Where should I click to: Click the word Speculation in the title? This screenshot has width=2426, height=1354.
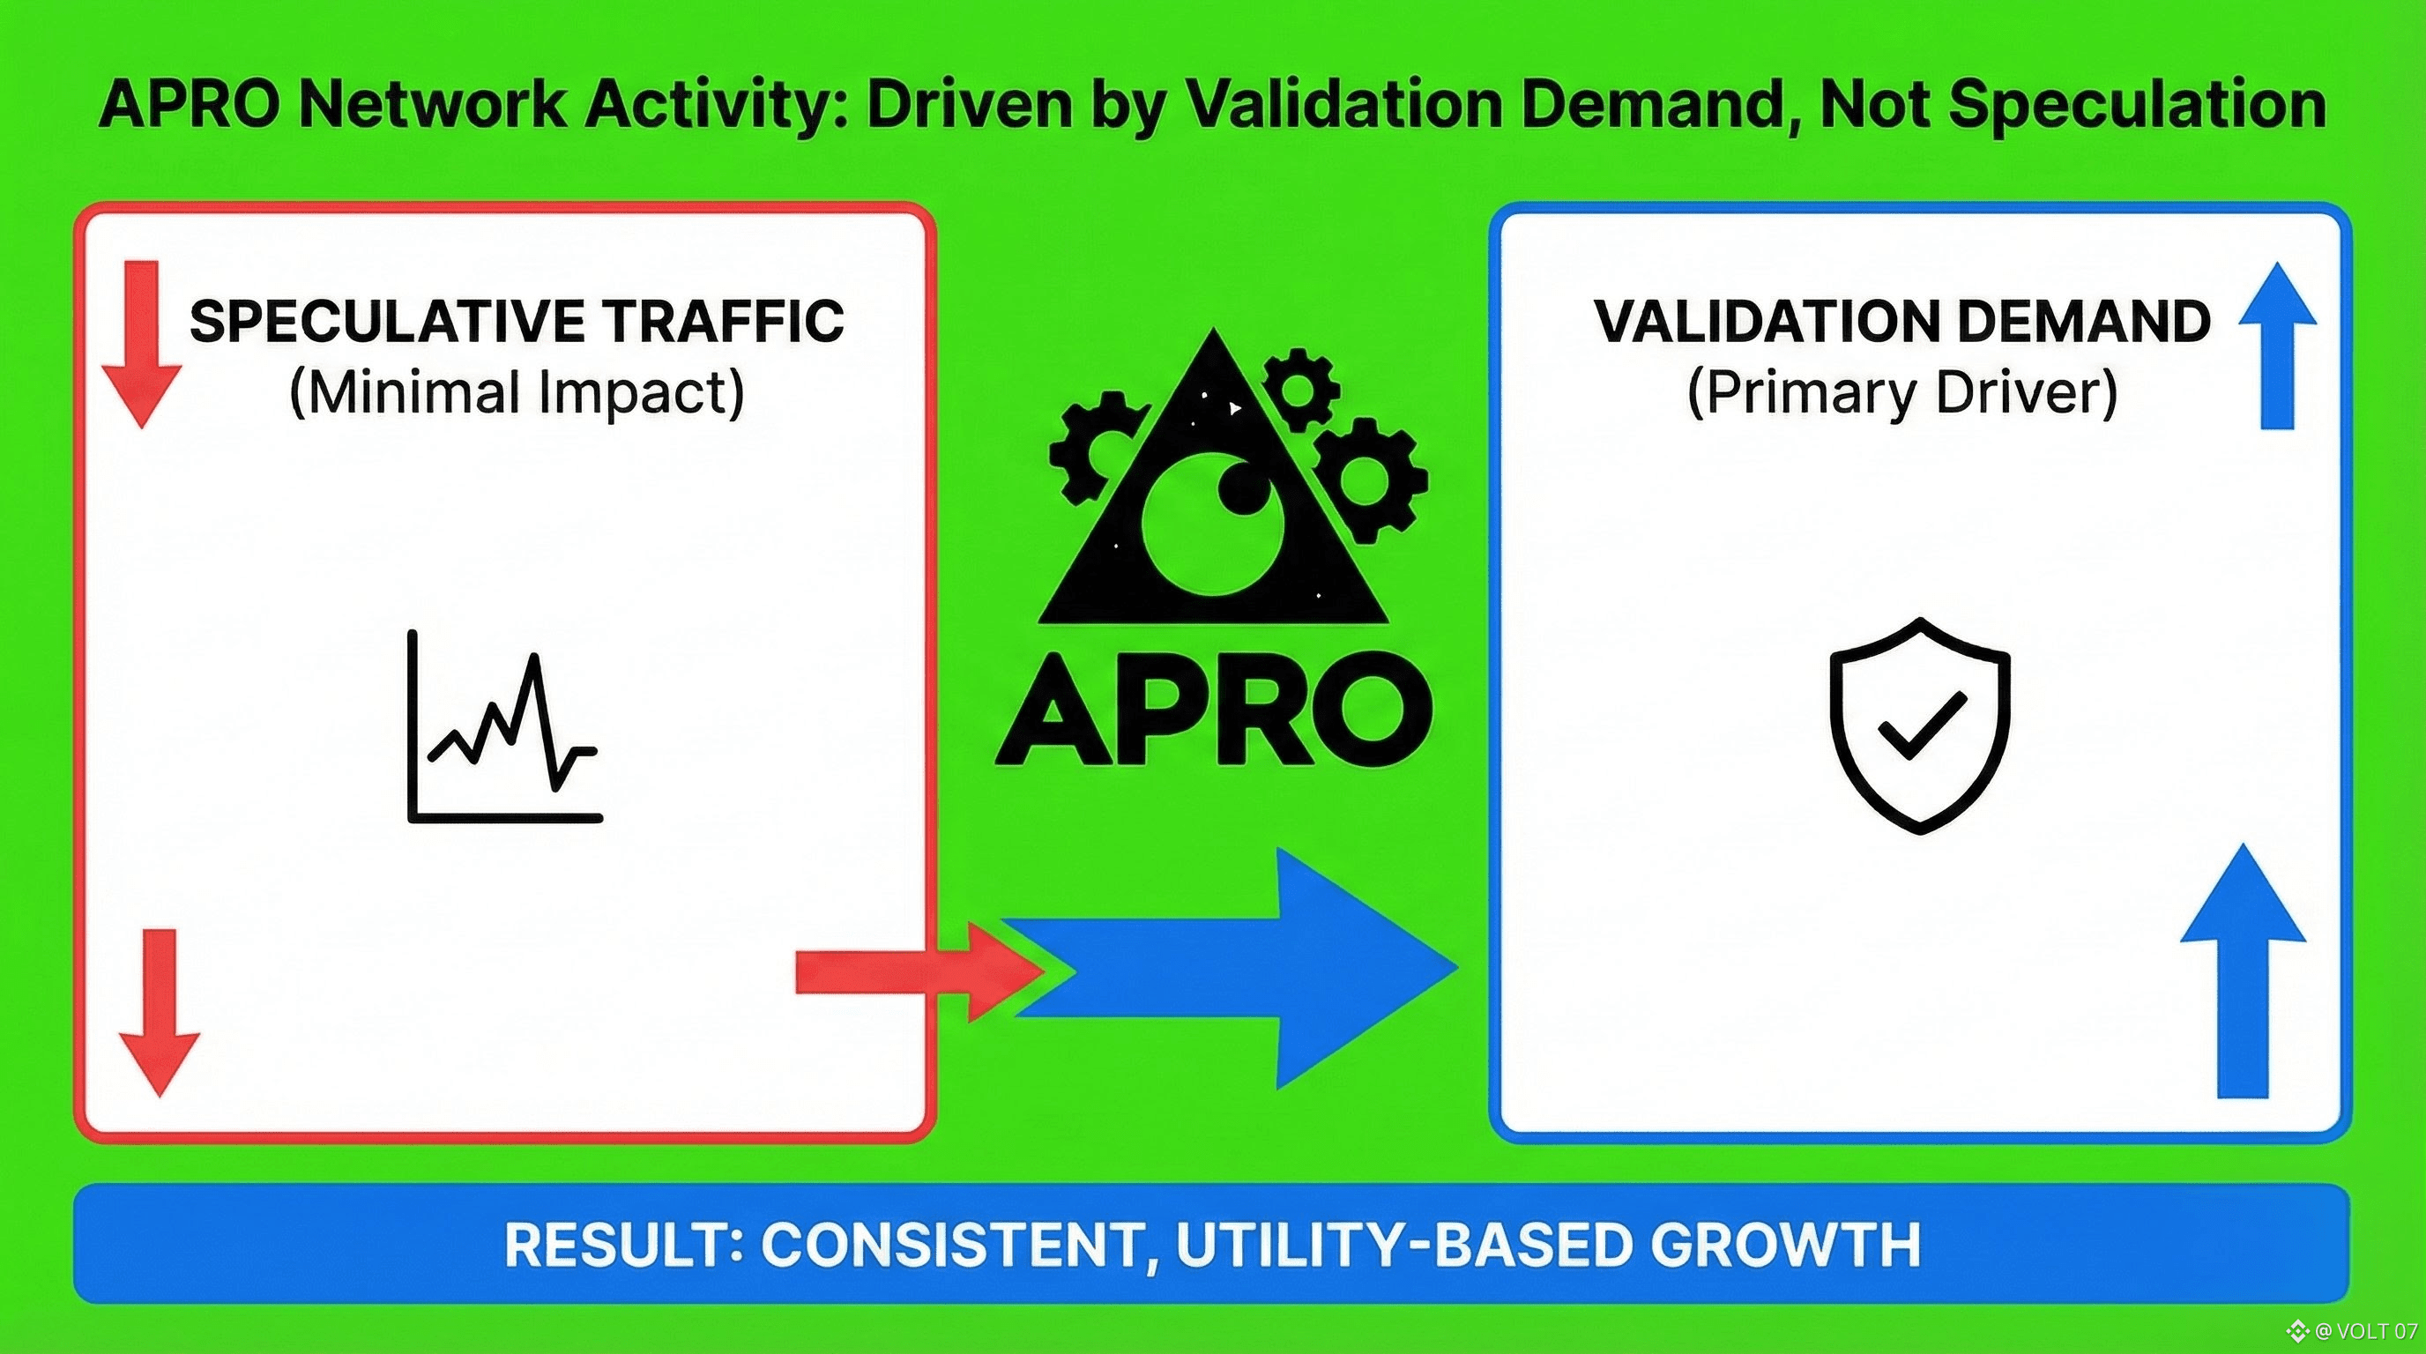pos(2137,107)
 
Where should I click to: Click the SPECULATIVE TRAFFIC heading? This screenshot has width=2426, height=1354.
pos(517,322)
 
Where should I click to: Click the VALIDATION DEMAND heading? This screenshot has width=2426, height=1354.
pos(1902,322)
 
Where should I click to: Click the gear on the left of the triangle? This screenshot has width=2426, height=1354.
pos(1098,446)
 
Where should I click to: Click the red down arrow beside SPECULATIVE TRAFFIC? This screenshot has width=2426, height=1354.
pos(141,345)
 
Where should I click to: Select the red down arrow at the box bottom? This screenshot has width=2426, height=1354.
pos(160,1013)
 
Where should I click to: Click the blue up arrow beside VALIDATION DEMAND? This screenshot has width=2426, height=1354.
pos(2278,345)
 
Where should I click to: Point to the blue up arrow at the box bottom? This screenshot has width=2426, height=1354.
pos(2244,970)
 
